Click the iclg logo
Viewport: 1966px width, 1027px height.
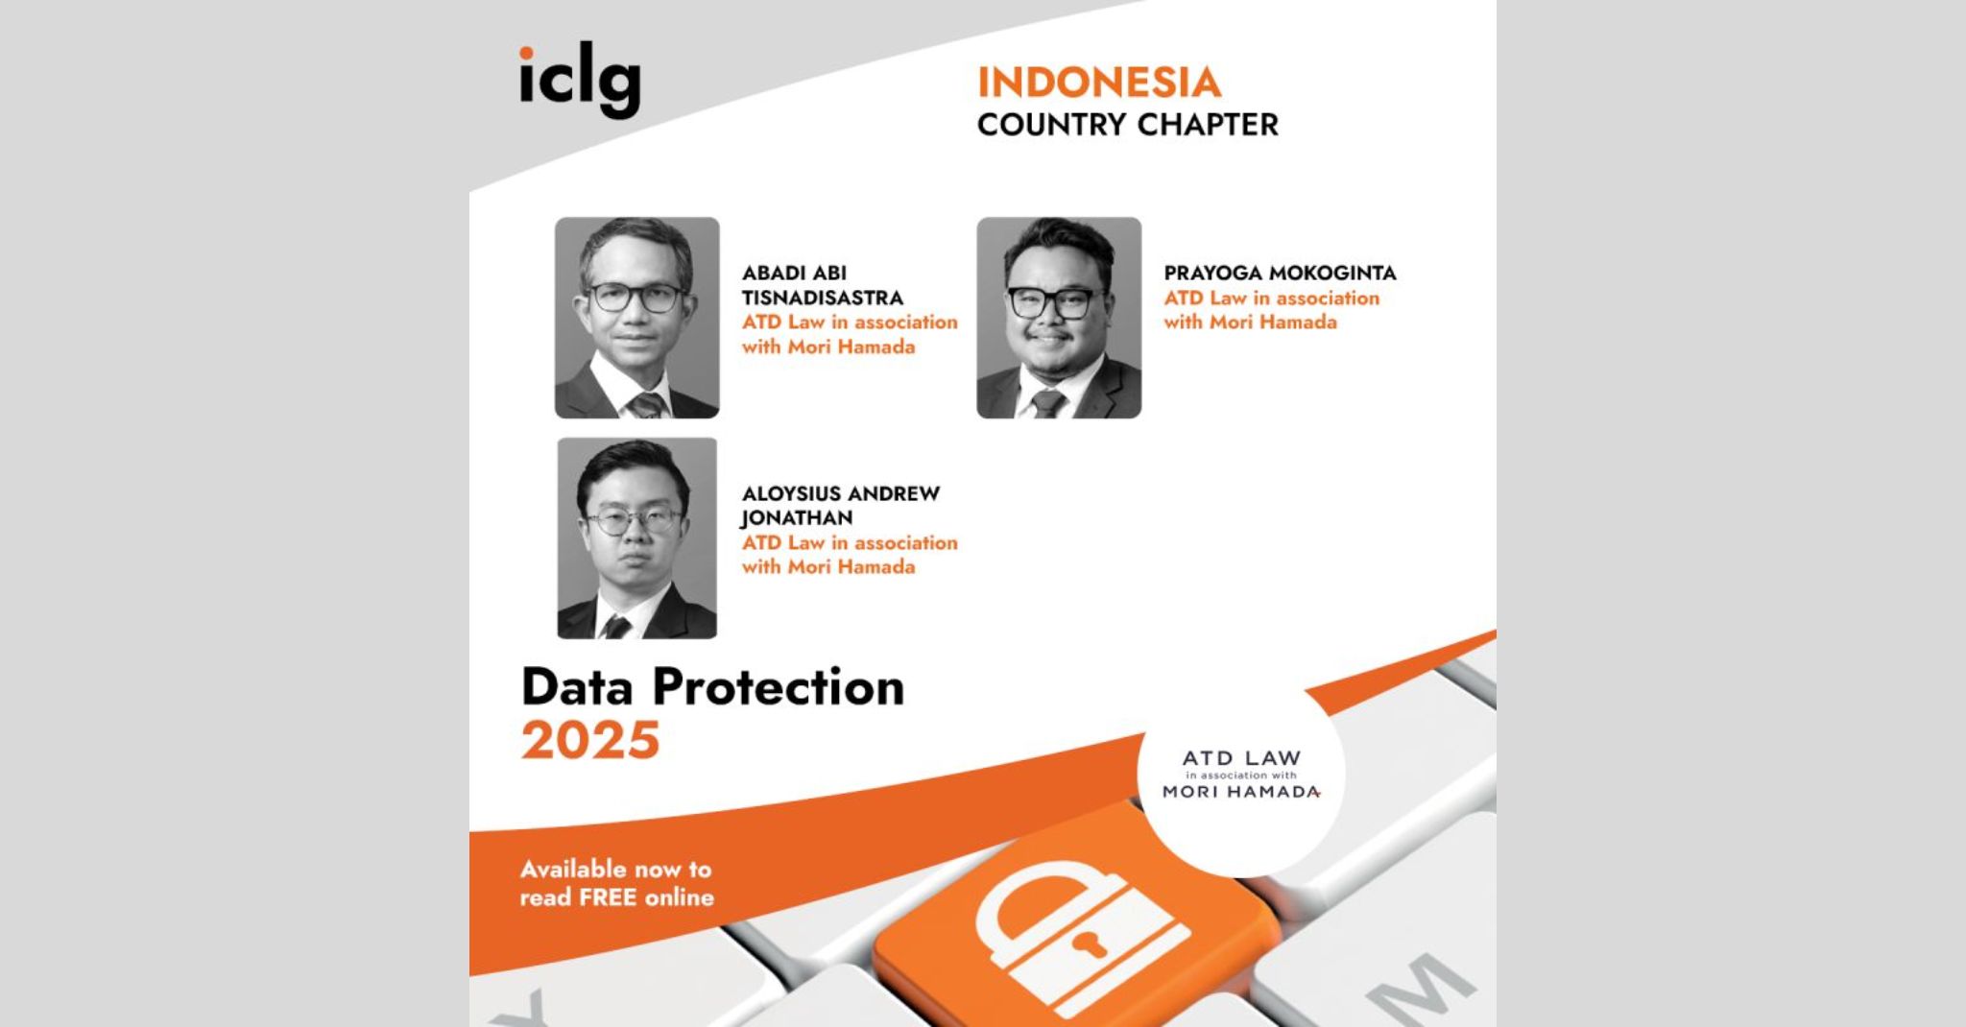pyautogui.click(x=580, y=83)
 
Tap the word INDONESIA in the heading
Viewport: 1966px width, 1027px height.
pyautogui.click(x=1099, y=83)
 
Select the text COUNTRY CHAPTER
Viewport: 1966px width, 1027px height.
pyautogui.click(x=1128, y=125)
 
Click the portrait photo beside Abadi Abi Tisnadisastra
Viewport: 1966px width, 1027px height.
pyautogui.click(x=637, y=318)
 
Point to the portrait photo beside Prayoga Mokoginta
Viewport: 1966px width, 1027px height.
pyautogui.click(x=1059, y=318)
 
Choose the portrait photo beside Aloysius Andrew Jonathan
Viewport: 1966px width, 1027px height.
pyautogui.click(x=637, y=538)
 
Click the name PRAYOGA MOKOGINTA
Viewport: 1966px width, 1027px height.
pyautogui.click(x=1280, y=274)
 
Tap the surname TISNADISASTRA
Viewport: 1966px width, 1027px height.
pyautogui.click(x=823, y=299)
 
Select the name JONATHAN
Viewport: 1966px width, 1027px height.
pyautogui.click(x=797, y=518)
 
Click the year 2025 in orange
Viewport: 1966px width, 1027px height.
pyautogui.click(x=590, y=740)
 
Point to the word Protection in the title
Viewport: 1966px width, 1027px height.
pyautogui.click(x=779, y=687)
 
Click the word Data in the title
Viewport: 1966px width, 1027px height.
pyautogui.click(x=579, y=687)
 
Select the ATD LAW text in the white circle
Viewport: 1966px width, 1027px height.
pyautogui.click(x=1241, y=758)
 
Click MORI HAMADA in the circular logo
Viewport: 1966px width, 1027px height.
pyautogui.click(x=1241, y=793)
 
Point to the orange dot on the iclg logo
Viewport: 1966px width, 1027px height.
pyautogui.click(x=526, y=52)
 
